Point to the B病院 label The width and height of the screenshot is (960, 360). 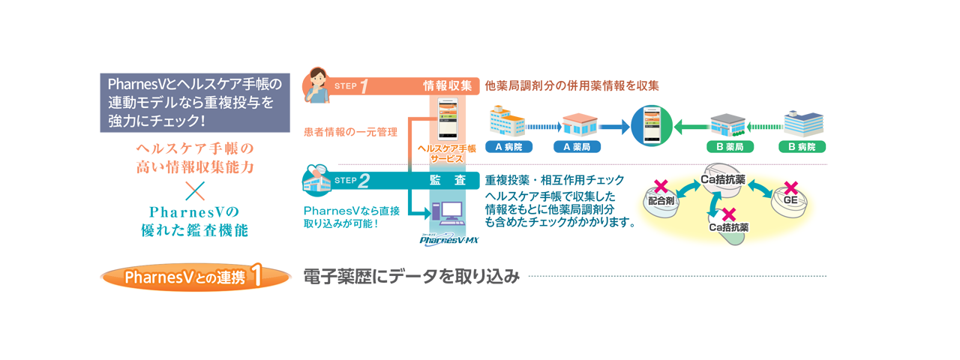click(x=802, y=146)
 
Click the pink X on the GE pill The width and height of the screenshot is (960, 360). click(x=790, y=187)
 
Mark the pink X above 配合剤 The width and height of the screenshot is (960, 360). click(x=661, y=186)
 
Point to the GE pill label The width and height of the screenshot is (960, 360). click(x=790, y=200)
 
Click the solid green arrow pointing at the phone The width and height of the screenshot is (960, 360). click(x=689, y=127)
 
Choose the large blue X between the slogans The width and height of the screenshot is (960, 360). click(x=194, y=187)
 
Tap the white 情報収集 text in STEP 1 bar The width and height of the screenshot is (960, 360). click(x=447, y=85)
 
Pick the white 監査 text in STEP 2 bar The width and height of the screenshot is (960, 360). click(x=447, y=180)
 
